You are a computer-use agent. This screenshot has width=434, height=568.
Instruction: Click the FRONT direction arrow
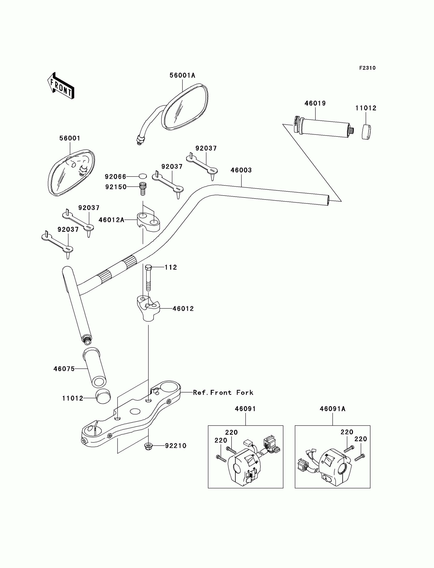click(61, 86)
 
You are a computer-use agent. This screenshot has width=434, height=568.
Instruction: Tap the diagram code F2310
click(367, 68)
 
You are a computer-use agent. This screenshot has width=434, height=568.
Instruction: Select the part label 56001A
click(182, 75)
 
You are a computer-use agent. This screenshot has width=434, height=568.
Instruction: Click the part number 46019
click(315, 103)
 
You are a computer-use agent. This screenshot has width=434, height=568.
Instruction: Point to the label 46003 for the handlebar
click(241, 170)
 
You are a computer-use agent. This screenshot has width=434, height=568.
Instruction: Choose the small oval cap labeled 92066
click(143, 176)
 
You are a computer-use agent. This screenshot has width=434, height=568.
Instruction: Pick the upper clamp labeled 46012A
click(148, 222)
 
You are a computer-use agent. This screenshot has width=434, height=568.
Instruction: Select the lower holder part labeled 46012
click(148, 308)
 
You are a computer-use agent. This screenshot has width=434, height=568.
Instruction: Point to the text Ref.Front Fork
click(223, 392)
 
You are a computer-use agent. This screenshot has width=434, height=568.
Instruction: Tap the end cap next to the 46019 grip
click(366, 132)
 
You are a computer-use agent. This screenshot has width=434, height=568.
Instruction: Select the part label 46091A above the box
click(332, 409)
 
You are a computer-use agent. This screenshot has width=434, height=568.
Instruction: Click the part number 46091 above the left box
click(245, 409)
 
